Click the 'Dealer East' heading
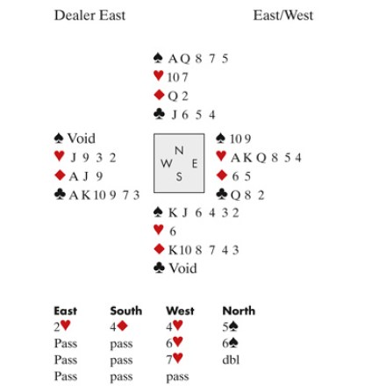coord(89,15)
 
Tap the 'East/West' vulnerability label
coord(283,15)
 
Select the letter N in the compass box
coord(179,150)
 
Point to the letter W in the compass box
coord(167,163)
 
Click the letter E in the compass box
coord(195,164)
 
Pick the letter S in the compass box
coord(179,176)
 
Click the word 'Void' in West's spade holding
coord(82,139)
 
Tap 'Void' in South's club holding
coord(182,268)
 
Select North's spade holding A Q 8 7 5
coord(198,59)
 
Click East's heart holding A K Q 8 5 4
coord(266,158)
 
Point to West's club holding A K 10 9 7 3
coord(104,195)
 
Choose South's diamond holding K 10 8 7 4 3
coord(204,250)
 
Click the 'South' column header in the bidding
coord(126,311)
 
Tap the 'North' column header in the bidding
coord(239,311)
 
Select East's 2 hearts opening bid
coord(62,326)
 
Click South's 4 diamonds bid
coord(118,326)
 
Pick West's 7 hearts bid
coord(175,359)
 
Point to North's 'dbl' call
coord(231,360)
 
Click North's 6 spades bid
coord(230,343)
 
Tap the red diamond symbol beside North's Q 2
coord(159,95)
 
